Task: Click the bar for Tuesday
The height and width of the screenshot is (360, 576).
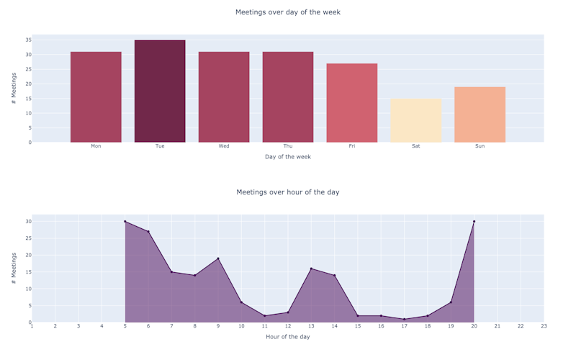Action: [160, 91]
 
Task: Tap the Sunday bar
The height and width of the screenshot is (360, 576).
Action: [480, 114]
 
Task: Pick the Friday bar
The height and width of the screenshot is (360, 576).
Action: [352, 103]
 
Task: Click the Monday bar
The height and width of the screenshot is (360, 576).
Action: [96, 97]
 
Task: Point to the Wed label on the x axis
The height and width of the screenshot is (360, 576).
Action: [224, 146]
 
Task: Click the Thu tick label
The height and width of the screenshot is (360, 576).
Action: [288, 146]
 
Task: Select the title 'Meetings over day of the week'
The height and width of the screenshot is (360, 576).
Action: [288, 12]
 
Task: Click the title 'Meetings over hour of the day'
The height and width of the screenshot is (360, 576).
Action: [288, 192]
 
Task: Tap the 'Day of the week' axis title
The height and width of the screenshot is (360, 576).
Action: [288, 156]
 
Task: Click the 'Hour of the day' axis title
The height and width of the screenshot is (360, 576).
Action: [288, 336]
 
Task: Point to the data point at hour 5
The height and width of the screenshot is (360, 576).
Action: [125, 222]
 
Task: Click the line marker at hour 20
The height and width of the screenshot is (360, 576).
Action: [474, 222]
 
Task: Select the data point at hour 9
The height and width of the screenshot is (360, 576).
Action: [218, 258]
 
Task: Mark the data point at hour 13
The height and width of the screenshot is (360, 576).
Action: [311, 269]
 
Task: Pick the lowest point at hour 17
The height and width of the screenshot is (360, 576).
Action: [404, 319]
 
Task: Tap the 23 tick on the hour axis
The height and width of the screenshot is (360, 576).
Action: [544, 326]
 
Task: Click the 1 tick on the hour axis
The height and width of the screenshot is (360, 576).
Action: [32, 326]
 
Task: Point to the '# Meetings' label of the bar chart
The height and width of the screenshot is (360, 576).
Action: [14, 89]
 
